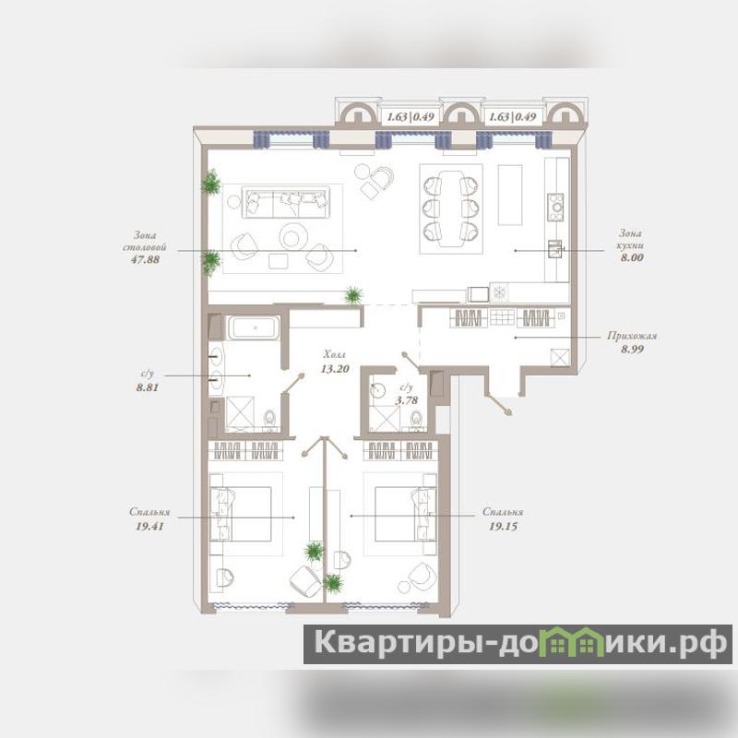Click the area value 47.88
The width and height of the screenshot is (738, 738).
[x=145, y=259]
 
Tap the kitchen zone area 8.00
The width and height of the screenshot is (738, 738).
[x=632, y=257]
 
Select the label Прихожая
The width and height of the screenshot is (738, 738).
[x=632, y=336]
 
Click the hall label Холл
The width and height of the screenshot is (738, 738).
[x=334, y=354]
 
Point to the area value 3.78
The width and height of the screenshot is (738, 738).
[x=406, y=400]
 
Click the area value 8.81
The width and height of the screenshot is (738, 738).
[x=148, y=387]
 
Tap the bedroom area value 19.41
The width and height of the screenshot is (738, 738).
[x=149, y=526]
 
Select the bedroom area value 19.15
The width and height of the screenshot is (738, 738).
[x=503, y=526]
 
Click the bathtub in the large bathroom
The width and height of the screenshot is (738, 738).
[x=255, y=327]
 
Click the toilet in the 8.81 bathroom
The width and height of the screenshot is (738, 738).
[x=269, y=420]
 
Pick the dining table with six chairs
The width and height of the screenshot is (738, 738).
[x=451, y=208]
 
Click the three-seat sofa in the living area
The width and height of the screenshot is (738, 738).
[x=286, y=202]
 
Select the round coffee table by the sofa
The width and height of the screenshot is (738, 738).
[x=293, y=237]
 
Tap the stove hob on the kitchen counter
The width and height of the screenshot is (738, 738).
[x=555, y=207]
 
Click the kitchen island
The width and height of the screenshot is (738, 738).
[x=510, y=195]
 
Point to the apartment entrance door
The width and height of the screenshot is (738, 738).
[x=499, y=403]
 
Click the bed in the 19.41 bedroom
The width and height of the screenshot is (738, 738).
[x=241, y=514]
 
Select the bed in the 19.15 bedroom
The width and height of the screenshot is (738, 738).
[x=405, y=514]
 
